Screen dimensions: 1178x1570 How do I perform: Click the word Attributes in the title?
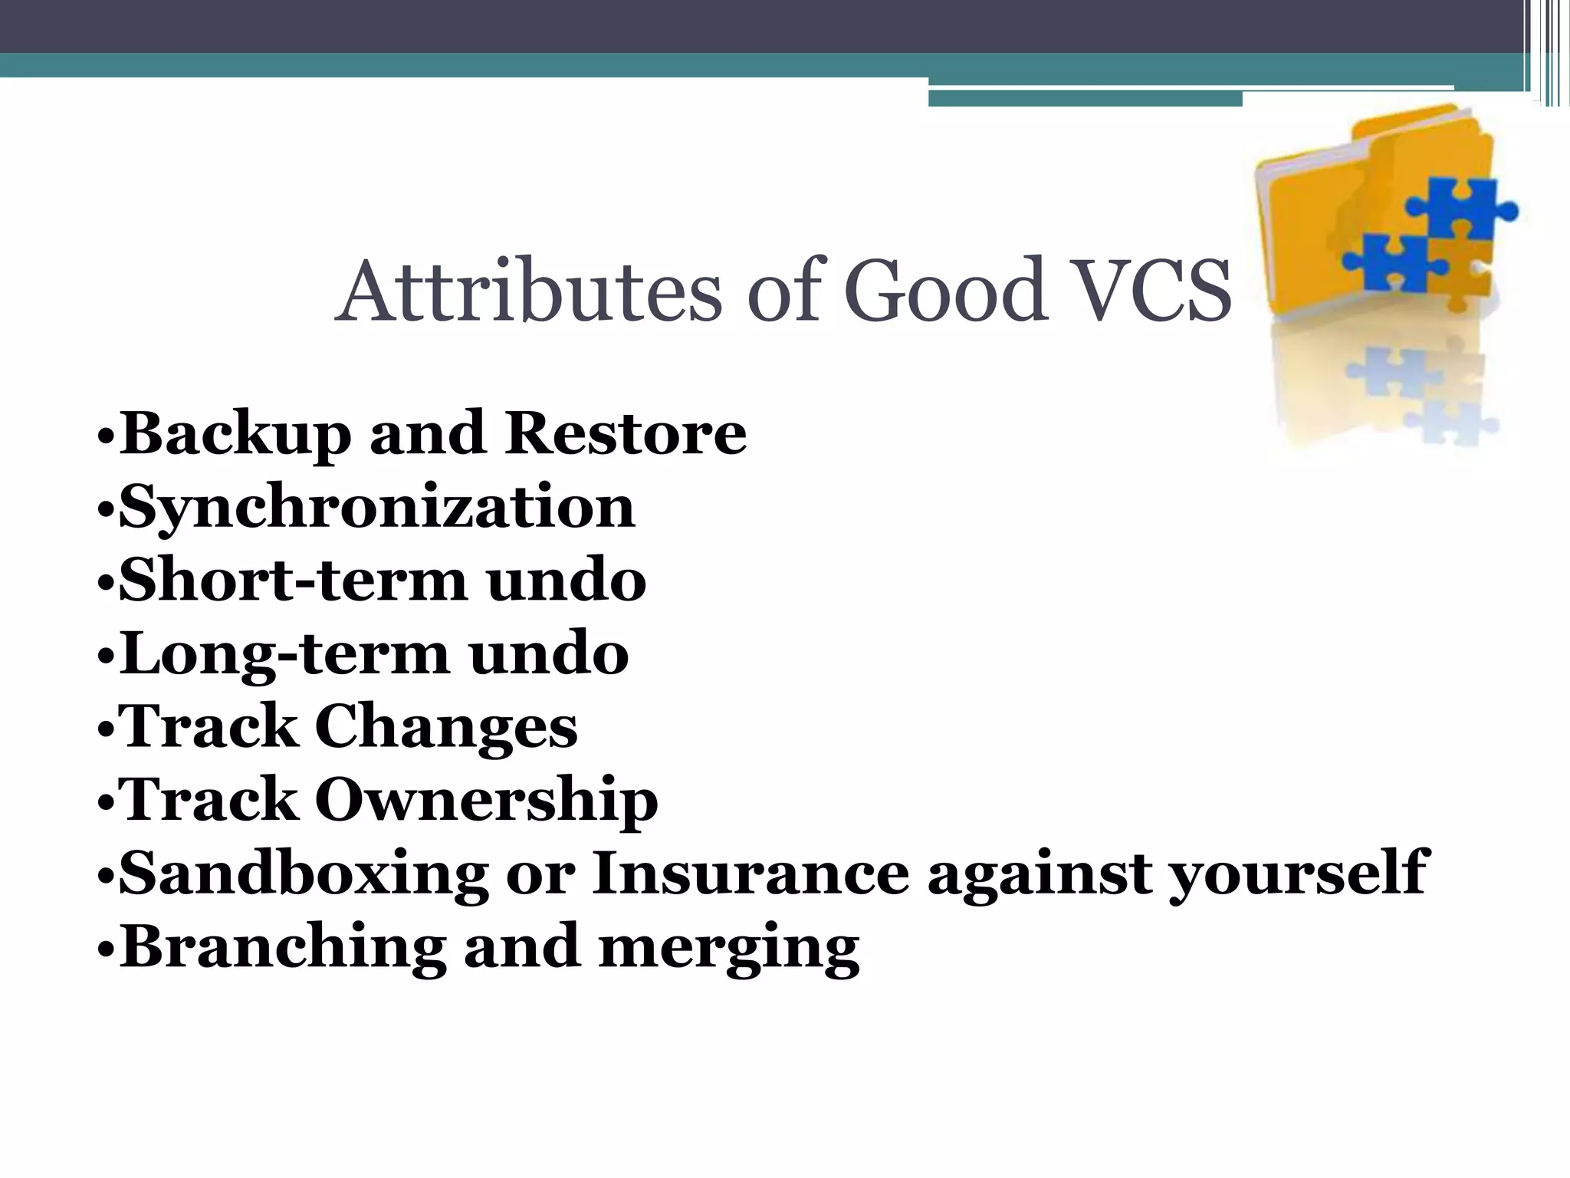528,291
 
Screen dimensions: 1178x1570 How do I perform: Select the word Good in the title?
945,291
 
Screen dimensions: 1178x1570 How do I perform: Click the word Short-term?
293,581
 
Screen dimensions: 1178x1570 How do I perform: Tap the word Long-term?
284,654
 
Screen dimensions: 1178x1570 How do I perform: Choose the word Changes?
446,727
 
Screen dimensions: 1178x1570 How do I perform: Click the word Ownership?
486,800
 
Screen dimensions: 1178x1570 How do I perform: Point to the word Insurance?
750,874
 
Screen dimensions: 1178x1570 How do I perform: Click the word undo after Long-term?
549,654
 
